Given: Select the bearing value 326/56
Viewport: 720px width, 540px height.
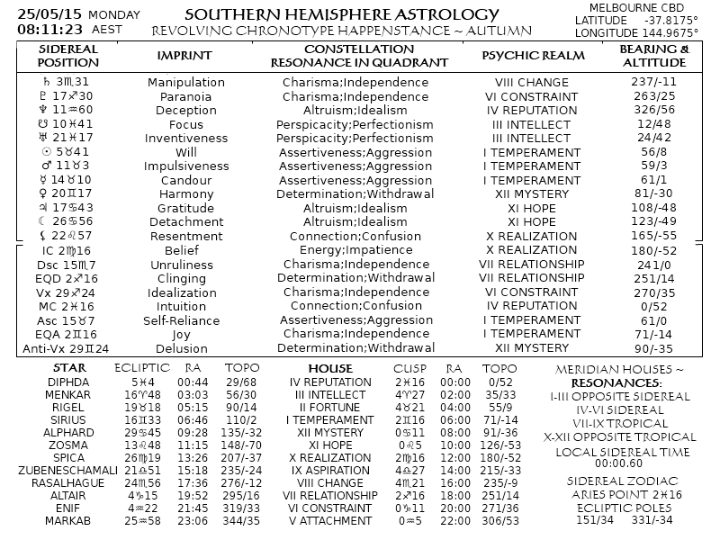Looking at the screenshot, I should (654, 111).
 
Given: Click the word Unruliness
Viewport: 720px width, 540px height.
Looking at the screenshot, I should (180, 265).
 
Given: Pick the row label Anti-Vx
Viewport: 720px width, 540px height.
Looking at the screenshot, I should (40, 348).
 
